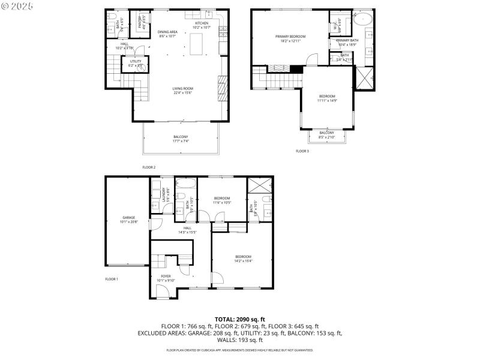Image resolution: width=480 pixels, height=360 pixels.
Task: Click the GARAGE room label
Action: [129, 217]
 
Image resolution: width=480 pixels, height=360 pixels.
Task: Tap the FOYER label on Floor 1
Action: [166, 276]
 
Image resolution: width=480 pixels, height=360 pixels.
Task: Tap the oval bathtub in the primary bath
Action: [364, 18]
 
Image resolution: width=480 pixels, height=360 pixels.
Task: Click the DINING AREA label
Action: [167, 32]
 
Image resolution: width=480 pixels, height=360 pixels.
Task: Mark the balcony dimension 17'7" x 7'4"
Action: [181, 141]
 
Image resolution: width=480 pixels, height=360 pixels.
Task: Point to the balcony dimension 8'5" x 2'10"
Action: [327, 137]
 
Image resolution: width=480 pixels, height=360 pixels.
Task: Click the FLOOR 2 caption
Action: [149, 167]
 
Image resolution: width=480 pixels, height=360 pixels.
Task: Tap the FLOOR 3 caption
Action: [302, 151]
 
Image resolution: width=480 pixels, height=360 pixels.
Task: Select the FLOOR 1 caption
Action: [112, 279]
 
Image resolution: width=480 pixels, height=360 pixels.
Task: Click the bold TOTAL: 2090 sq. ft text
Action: [240, 319]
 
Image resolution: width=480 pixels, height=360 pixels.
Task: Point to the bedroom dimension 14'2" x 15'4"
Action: [243, 260]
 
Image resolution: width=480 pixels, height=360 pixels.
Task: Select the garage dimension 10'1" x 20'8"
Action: [129, 222]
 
